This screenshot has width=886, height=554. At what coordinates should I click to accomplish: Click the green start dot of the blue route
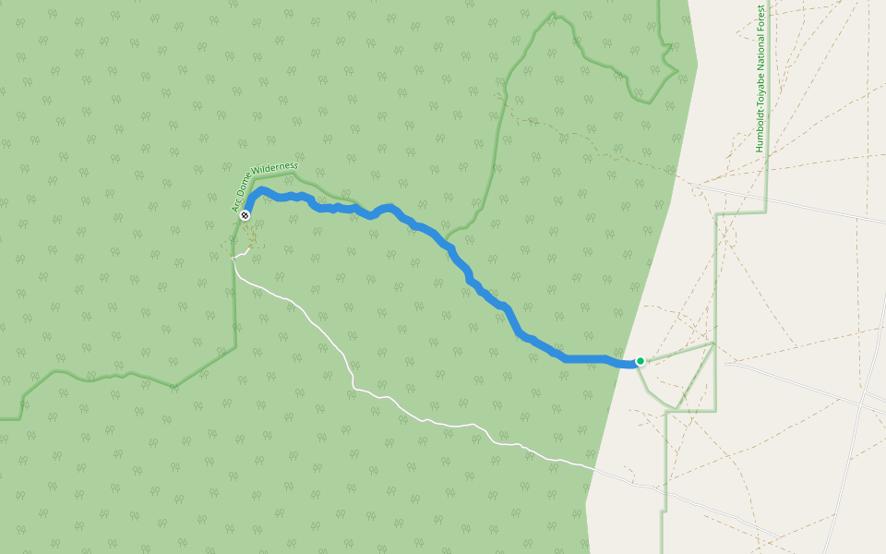click(640, 361)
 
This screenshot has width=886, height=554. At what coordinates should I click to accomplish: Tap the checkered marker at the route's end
click(245, 215)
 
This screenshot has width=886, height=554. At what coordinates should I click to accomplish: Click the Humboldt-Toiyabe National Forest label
click(760, 78)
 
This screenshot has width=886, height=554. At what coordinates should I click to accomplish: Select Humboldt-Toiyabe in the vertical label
click(760, 115)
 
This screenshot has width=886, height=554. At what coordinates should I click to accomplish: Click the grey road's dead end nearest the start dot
click(726, 363)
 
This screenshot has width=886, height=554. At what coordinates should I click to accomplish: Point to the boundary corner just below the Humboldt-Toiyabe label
click(766, 212)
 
